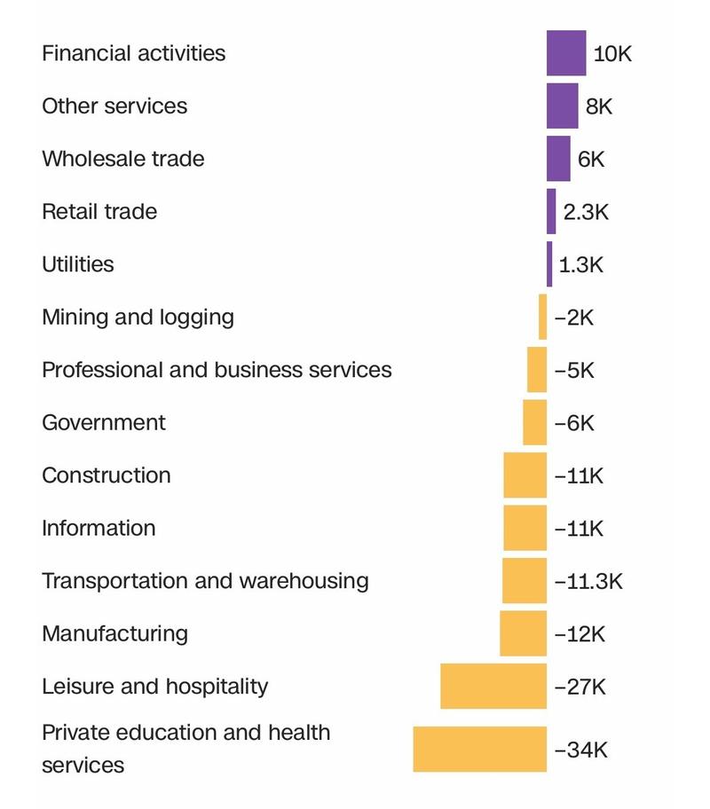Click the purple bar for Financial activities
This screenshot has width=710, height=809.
(566, 53)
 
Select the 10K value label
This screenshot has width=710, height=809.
(612, 54)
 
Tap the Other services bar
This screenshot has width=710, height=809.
(562, 106)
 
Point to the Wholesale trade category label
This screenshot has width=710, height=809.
(122, 159)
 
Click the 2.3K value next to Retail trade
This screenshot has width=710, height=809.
(586, 213)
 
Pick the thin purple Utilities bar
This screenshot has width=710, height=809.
(549, 264)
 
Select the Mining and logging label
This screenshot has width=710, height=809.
(138, 317)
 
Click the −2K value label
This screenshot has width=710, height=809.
(574, 318)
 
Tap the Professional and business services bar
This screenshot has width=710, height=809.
(537, 370)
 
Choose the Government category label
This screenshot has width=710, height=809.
(103, 422)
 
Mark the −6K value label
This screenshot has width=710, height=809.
(574, 423)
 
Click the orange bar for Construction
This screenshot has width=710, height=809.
(525, 475)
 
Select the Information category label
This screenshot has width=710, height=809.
(99, 528)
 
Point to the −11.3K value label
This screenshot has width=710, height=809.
(588, 582)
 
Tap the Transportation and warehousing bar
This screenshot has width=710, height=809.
(525, 581)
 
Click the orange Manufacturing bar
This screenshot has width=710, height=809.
(523, 633)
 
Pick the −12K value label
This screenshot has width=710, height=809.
(579, 634)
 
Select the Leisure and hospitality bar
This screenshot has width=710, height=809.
(493, 687)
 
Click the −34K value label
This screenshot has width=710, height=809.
(580, 750)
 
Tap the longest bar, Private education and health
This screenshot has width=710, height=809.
(479, 750)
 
